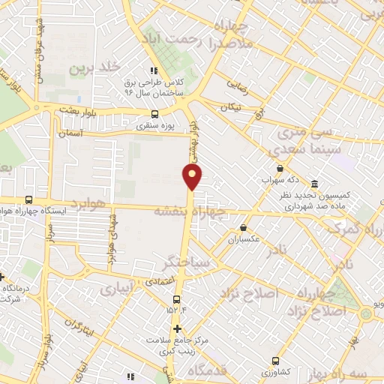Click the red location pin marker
pyautogui.click(x=193, y=176)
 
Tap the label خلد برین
pyautogui.click(x=95, y=67)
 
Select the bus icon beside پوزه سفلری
pyautogui.click(x=154, y=115)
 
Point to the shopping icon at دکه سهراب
pyautogui.click(x=280, y=169)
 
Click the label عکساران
pyautogui.click(x=243, y=240)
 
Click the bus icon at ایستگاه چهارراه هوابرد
pyautogui.click(x=28, y=199)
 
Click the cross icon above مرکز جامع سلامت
pyautogui.click(x=177, y=328)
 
